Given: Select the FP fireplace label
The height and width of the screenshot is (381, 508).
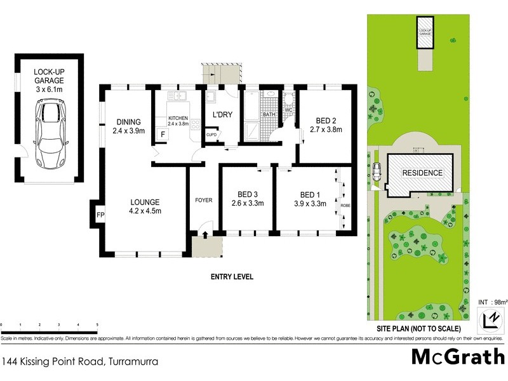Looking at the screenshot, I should coord(100,215).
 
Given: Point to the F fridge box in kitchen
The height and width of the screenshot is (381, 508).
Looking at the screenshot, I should coord(163,135).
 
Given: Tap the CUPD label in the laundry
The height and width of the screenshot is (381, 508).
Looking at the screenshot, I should coord(211,135).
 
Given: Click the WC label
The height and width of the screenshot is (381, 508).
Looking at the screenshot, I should coord(288,110).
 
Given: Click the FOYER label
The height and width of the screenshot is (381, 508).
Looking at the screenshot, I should coord(203,201).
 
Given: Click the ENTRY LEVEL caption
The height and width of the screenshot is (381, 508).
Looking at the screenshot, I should coord(232,277).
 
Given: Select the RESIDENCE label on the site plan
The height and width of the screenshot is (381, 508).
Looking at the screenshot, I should coord(422,173).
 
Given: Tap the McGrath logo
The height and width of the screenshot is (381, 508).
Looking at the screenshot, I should coord(457,356).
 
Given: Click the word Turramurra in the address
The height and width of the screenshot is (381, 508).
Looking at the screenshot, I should coord(132,362).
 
